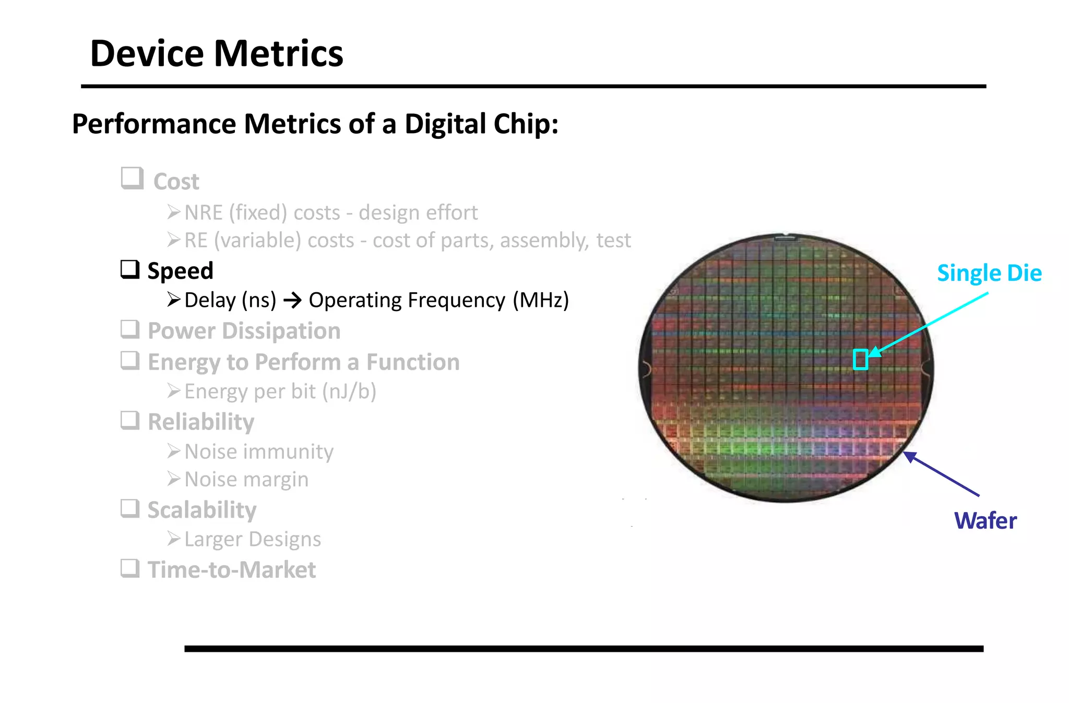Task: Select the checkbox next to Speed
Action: click(130, 269)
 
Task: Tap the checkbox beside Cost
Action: click(132, 178)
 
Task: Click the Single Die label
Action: click(989, 273)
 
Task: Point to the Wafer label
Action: click(985, 520)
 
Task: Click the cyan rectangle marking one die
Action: click(860, 360)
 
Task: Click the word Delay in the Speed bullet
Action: click(210, 301)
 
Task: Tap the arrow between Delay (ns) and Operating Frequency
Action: click(292, 301)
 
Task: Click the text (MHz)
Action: click(541, 301)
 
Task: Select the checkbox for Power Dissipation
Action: click(130, 329)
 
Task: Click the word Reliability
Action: click(201, 422)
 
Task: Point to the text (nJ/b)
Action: click(349, 391)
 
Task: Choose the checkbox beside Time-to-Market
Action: click(130, 568)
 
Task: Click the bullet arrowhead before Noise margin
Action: click(174, 479)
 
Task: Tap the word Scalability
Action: click(202, 510)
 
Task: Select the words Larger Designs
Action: click(253, 539)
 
